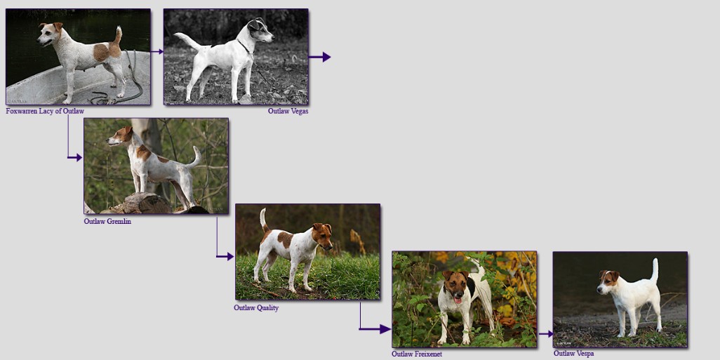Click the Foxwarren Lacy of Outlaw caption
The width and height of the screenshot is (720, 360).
point(45,111)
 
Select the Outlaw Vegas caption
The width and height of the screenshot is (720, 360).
point(288,111)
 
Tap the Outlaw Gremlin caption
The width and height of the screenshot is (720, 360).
point(107,221)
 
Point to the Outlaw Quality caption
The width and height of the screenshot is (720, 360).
point(256,307)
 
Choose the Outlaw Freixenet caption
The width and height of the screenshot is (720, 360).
point(417,354)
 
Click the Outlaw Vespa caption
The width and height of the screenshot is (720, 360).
point(573,354)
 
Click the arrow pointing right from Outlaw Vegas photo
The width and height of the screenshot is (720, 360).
point(319,57)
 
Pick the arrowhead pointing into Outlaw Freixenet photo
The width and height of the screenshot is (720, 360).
point(385,329)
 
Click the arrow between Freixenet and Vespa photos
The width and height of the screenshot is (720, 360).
point(545,334)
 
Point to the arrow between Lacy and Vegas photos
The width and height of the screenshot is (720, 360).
point(157,51)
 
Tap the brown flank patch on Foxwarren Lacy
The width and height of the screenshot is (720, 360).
point(102,53)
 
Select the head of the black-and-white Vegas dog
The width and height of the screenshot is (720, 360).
point(260,30)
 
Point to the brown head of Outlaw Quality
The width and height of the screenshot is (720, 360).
point(322,235)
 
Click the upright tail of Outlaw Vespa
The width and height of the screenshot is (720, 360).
point(655,270)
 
